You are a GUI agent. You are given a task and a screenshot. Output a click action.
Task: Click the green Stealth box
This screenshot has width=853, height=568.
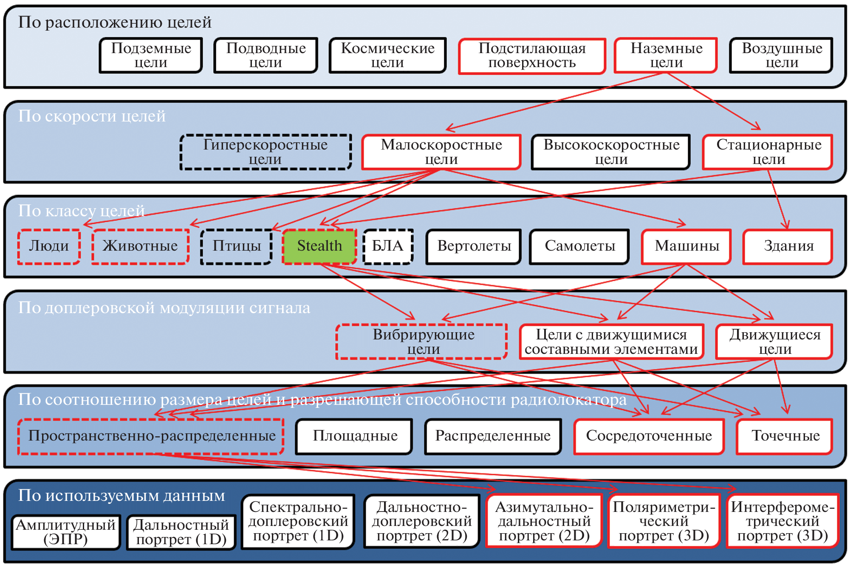tap(319, 246)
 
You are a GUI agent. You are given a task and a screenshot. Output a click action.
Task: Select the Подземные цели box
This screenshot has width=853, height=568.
tap(151, 55)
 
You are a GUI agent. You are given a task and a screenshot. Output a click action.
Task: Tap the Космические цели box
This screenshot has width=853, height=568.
tap(387, 55)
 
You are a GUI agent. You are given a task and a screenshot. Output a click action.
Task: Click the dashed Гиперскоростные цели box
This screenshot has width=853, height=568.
tap(266, 152)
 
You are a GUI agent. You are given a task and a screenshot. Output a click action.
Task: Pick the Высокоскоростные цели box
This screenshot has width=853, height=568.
tap(611, 152)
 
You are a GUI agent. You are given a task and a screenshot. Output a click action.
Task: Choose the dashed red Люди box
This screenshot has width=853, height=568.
tap(49, 246)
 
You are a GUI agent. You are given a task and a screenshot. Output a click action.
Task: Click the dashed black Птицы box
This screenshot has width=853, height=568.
tap(237, 246)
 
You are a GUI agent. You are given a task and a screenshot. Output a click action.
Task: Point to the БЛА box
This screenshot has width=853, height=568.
tap(388, 246)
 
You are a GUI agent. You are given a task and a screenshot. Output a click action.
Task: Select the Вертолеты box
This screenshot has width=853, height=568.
tap(474, 246)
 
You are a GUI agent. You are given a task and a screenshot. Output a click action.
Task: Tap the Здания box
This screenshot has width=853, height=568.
tap(788, 246)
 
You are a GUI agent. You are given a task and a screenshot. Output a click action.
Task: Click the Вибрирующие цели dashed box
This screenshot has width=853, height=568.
tap(422, 342)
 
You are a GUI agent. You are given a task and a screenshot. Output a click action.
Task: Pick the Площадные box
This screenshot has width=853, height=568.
tap(355, 436)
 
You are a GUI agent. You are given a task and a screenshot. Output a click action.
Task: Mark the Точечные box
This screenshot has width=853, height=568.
tap(785, 436)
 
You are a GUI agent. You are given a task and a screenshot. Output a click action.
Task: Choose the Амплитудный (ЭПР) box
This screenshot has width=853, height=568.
tap(66, 532)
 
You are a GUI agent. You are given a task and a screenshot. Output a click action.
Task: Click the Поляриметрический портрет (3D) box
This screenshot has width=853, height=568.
tap(664, 521)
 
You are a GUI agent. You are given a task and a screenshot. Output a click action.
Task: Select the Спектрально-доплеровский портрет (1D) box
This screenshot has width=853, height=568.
tap(298, 521)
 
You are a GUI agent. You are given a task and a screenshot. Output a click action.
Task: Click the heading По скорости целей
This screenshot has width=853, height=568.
tap(92, 116)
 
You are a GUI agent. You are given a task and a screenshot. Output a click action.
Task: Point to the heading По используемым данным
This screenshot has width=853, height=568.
tap(121, 495)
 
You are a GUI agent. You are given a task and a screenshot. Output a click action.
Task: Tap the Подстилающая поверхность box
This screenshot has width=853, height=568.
tap(532, 56)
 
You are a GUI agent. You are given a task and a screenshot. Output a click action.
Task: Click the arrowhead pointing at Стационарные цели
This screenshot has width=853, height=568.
tap(757, 127)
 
